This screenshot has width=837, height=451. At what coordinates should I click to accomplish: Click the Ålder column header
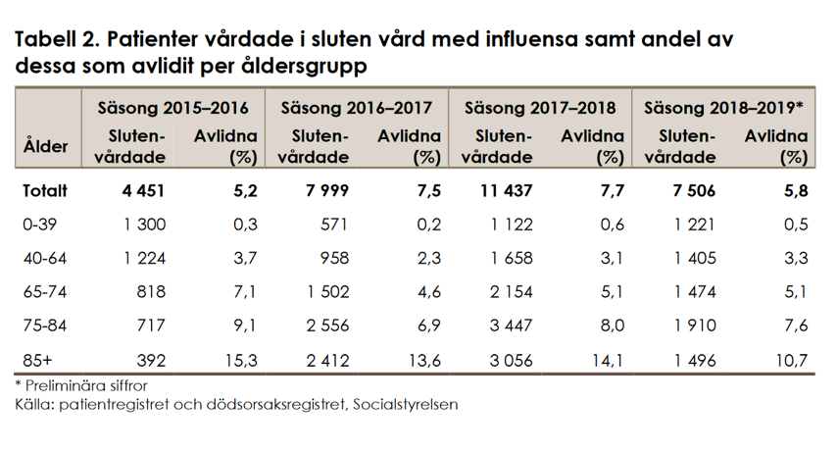point(45,147)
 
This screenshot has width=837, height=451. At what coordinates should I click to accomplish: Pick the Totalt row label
point(46,192)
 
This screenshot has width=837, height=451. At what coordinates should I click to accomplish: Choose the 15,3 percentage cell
point(239,361)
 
